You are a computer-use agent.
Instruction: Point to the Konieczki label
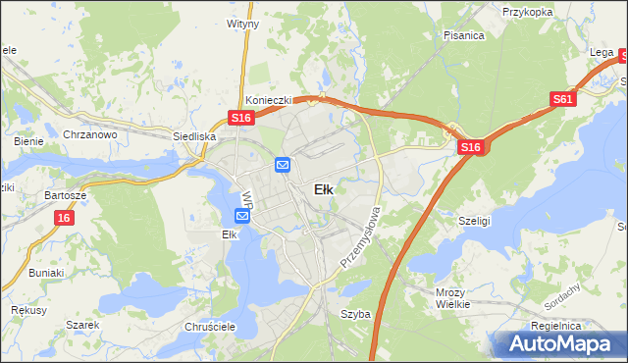tap(266, 99)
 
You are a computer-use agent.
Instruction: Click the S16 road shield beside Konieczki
tap(242, 118)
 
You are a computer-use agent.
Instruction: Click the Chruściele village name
tap(207, 327)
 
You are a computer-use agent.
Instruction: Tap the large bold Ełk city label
tap(323, 190)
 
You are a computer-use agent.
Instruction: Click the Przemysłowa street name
tap(359, 238)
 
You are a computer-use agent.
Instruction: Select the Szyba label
tap(354, 314)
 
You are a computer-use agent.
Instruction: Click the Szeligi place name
tap(475, 222)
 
